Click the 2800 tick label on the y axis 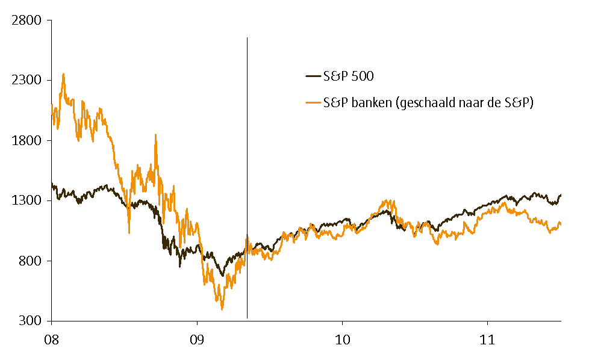[26, 20]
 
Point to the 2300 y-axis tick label [26, 80]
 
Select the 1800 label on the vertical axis [26, 140]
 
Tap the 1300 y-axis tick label [26, 200]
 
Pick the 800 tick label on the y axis [30, 261]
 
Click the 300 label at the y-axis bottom [30, 320]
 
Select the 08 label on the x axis [52, 340]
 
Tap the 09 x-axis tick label [197, 340]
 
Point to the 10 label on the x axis [342, 340]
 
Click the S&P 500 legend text [349, 76]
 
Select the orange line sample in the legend [313, 103]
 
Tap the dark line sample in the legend [313, 76]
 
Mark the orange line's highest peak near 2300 [63, 74]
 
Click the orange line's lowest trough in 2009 [222, 309]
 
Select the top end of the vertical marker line [247, 38]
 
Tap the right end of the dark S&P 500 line [561, 194]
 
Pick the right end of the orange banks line [561, 223]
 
